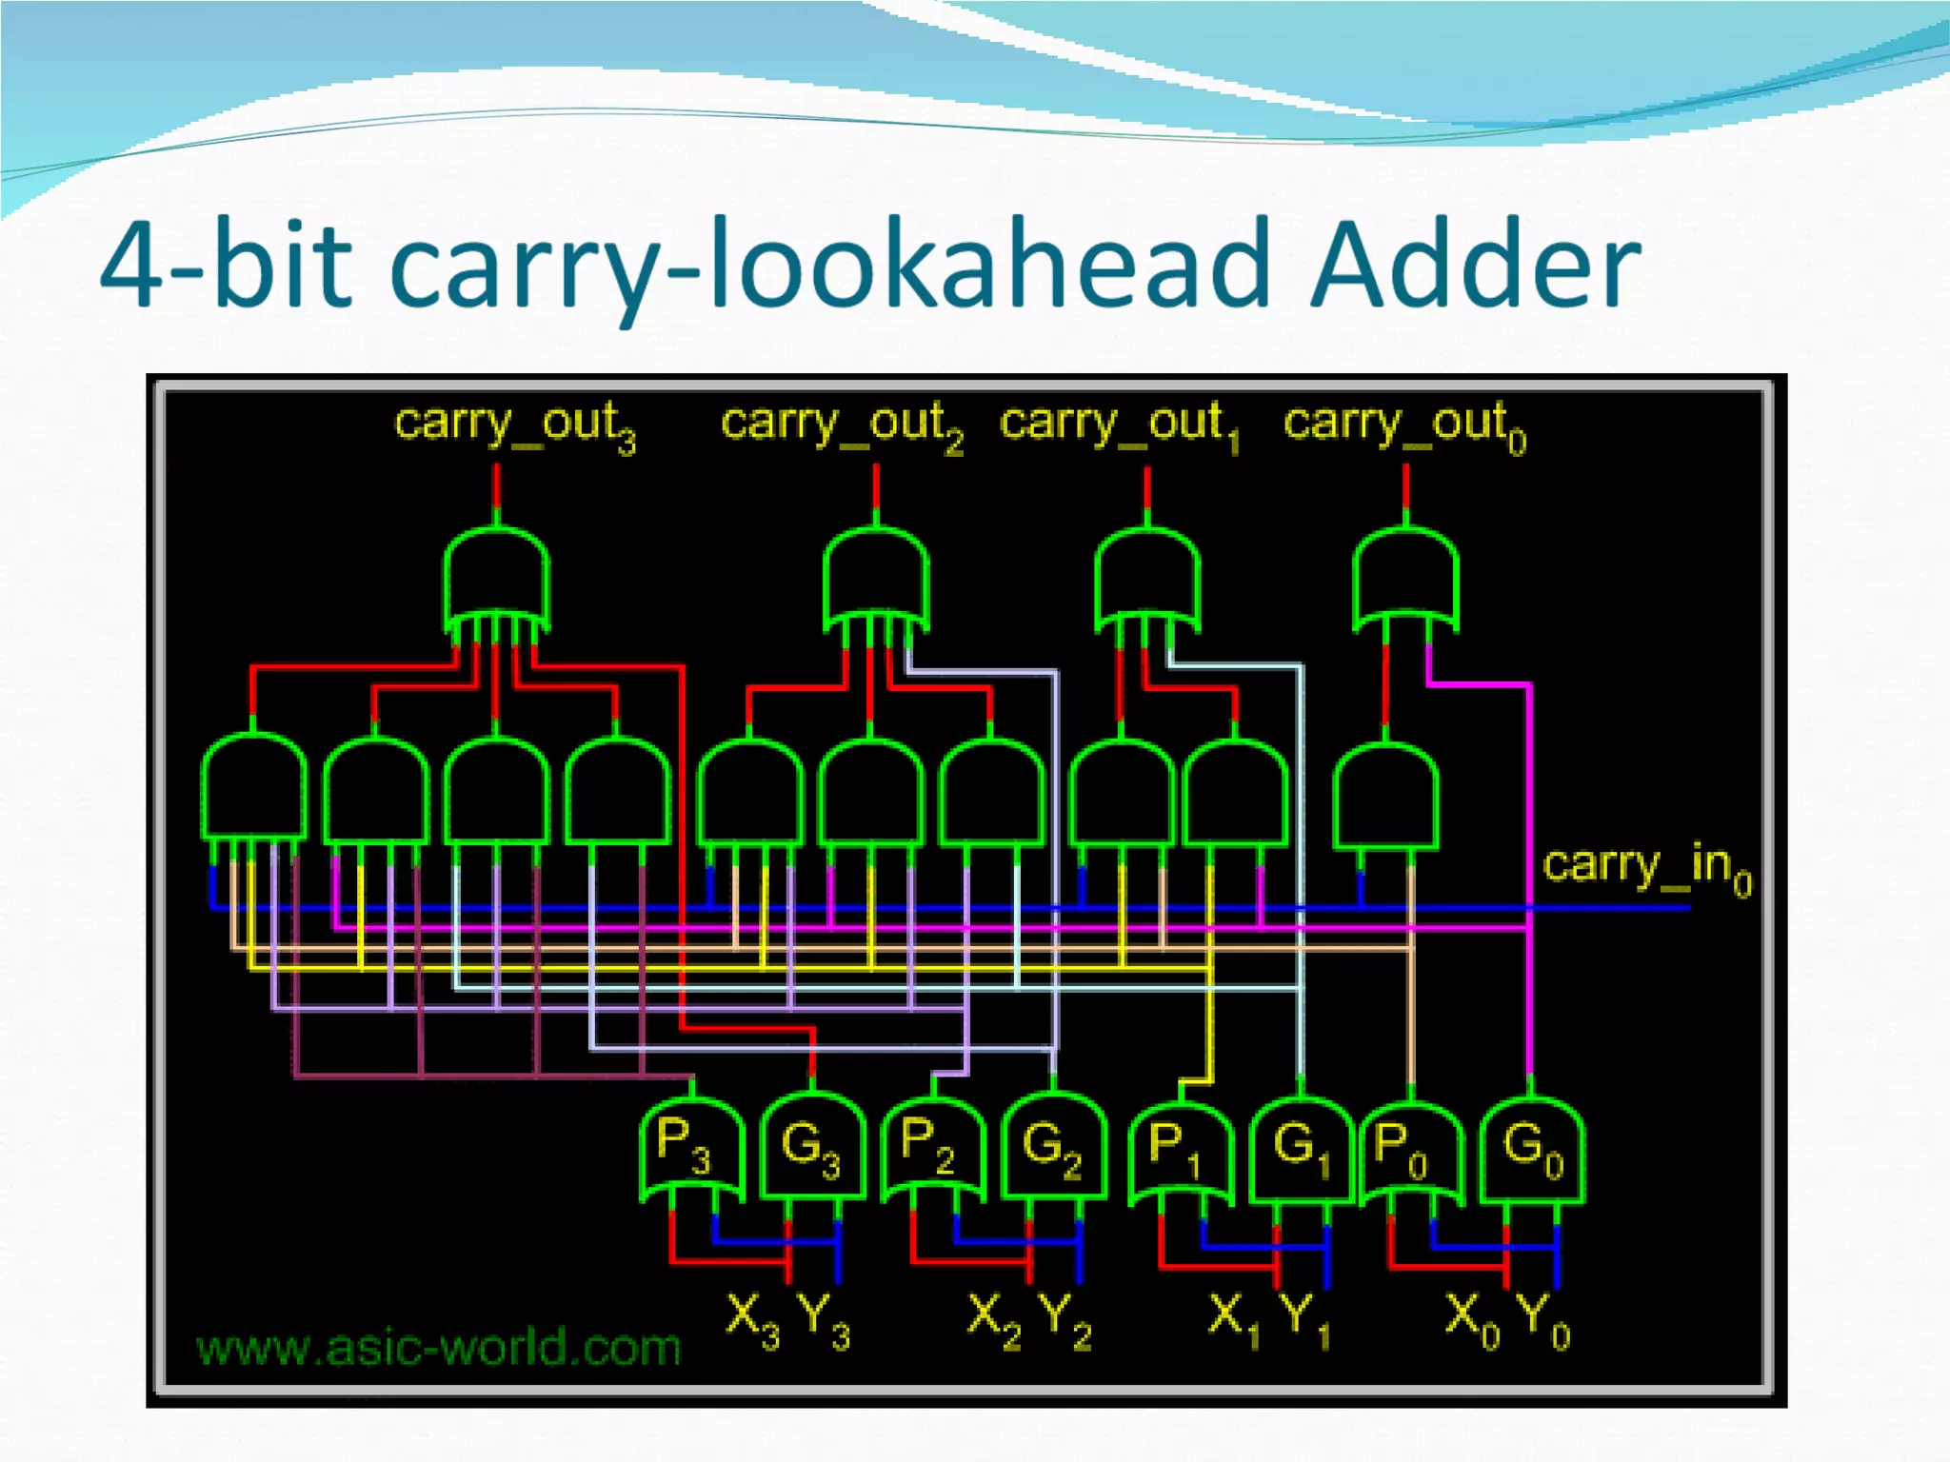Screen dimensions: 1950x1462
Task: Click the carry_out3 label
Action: coord(514,425)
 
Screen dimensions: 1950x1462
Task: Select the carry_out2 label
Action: coord(842,425)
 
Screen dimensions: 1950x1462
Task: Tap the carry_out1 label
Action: coord(1120,425)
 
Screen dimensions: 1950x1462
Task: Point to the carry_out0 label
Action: coord(1404,425)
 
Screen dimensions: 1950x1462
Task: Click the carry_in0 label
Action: coord(1646,868)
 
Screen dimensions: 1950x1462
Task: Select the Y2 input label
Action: coord(1065,1319)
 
